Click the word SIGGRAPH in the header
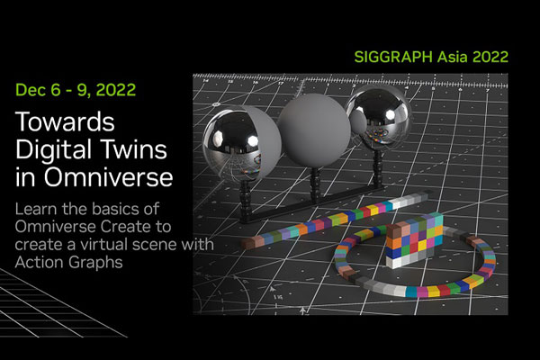(x=393, y=57)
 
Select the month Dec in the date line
(x=31, y=90)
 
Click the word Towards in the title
(x=65, y=121)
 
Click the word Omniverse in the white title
(x=108, y=176)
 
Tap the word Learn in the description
(x=36, y=209)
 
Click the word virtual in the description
(x=103, y=245)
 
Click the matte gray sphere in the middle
(x=314, y=131)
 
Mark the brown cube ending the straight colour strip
(x=248, y=243)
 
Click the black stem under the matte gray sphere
(x=314, y=184)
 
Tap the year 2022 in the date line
(x=116, y=90)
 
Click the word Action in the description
(x=39, y=263)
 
